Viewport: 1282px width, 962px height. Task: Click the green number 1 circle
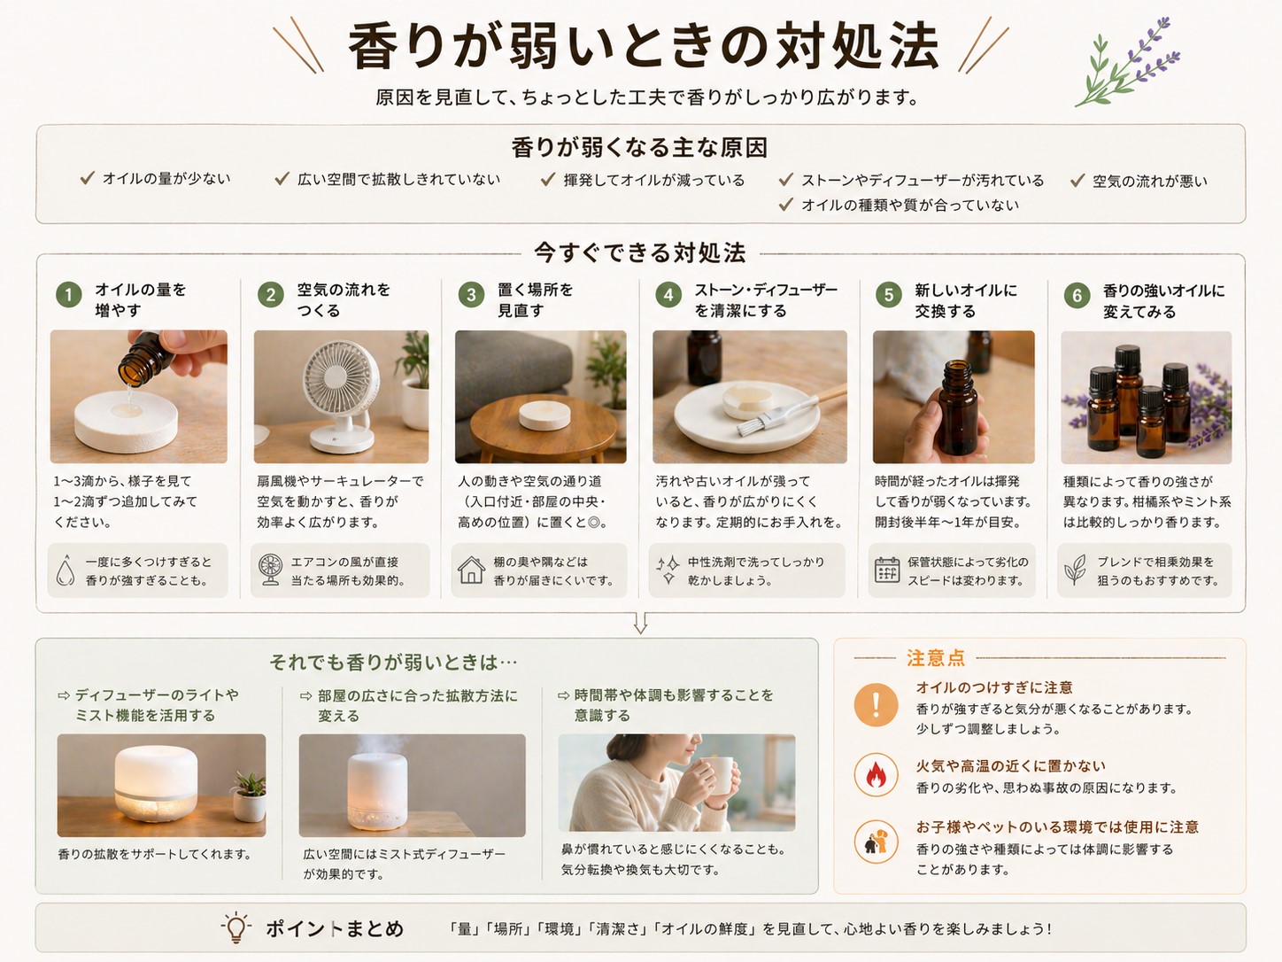[68, 294]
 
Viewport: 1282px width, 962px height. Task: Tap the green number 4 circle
[668, 295]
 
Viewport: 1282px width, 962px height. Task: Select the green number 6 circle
[1077, 296]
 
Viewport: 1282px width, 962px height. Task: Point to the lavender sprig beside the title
[1129, 62]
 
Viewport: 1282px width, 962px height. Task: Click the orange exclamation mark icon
[876, 705]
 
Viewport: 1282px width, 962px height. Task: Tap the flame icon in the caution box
[876, 775]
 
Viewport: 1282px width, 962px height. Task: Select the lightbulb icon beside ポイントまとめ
[236, 927]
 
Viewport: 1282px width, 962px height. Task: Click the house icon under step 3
[471, 570]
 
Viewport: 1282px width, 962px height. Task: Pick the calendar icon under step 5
[886, 570]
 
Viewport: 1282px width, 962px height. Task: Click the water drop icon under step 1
[66, 570]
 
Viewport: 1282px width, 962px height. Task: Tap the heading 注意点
[935, 658]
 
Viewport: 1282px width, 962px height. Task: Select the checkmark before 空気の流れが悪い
[1077, 181]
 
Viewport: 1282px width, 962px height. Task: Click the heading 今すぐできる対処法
[639, 253]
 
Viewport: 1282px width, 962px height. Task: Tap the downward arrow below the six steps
[640, 624]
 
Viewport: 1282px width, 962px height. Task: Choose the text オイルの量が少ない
[166, 179]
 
